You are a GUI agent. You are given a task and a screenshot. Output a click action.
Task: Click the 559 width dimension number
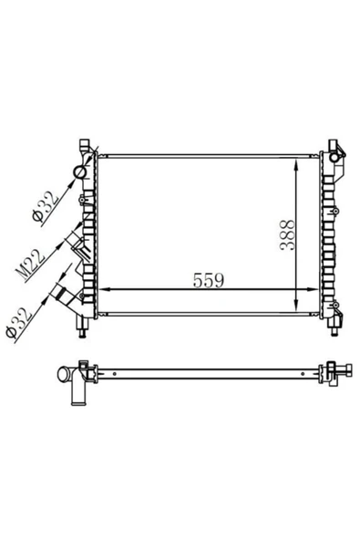208,280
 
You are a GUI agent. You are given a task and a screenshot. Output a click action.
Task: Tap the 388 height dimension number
288,234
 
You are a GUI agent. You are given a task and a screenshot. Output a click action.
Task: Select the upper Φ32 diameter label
46,207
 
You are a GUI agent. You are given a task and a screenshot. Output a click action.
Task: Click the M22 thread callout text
30,265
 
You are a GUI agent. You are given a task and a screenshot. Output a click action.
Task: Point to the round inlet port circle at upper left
80,171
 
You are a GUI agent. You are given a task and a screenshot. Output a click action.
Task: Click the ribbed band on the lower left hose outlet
64,293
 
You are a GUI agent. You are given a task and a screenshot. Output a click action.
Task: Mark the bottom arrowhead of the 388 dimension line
295,306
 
